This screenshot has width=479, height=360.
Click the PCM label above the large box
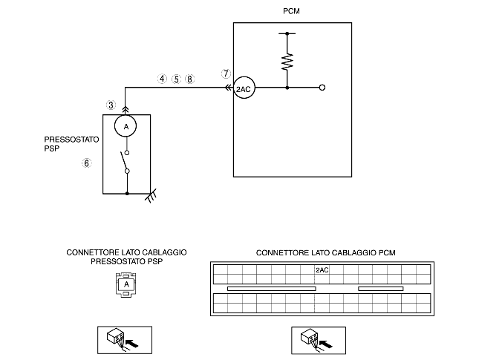click(x=291, y=11)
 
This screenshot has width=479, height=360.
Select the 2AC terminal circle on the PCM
click(x=244, y=88)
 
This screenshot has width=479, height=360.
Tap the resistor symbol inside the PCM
click(x=287, y=62)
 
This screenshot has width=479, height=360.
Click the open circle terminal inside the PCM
click(x=322, y=88)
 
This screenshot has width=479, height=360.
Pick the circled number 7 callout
click(x=226, y=73)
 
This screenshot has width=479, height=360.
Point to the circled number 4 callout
click(x=162, y=79)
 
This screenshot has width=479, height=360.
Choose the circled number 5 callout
click(x=176, y=79)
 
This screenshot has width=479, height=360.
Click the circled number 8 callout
click(x=189, y=79)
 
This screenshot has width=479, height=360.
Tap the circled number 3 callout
click(x=111, y=105)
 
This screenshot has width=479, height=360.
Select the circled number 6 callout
click(x=86, y=163)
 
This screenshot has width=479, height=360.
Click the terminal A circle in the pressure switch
click(x=126, y=125)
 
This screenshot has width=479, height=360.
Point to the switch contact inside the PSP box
click(x=125, y=162)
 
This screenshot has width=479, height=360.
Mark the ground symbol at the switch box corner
click(x=151, y=195)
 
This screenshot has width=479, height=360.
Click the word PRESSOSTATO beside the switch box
click(x=71, y=140)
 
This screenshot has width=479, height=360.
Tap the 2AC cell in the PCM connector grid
click(x=322, y=270)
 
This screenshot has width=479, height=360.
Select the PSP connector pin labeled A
click(x=126, y=284)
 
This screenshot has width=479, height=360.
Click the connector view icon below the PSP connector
click(x=125, y=340)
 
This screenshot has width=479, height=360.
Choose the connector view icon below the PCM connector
click(x=319, y=341)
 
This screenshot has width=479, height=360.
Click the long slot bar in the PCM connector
click(x=272, y=289)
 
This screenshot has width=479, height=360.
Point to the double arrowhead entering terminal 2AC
click(x=228, y=88)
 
